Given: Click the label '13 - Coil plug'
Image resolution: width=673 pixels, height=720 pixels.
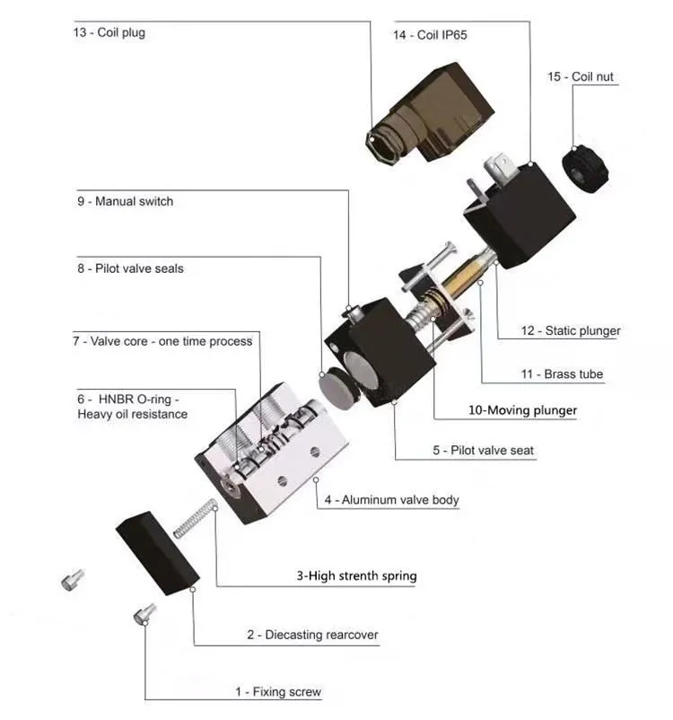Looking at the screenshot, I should tap(109, 33).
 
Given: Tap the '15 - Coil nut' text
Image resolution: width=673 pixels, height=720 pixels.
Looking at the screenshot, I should tap(581, 76).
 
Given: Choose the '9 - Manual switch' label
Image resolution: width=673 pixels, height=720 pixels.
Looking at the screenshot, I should tap(125, 202).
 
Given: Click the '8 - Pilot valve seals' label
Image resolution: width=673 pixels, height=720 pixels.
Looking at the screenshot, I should tap(130, 268).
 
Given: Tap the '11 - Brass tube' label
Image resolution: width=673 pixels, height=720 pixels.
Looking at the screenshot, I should tap(573, 373).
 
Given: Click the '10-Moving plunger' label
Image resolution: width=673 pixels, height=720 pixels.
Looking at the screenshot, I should tap(522, 411).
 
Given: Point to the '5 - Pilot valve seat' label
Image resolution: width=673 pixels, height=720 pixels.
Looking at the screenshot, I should tap(483, 450).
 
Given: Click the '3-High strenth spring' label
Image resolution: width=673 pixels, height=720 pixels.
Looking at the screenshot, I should tap(356, 575).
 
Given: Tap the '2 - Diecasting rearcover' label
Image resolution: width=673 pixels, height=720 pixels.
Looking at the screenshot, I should tap(312, 636).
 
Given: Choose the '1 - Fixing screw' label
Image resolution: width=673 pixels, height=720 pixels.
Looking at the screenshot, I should tap(277, 692).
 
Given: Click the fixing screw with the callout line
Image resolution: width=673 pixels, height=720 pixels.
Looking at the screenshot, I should tap(144, 614).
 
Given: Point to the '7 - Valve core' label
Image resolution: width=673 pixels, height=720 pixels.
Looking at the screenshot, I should tap(162, 341).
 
